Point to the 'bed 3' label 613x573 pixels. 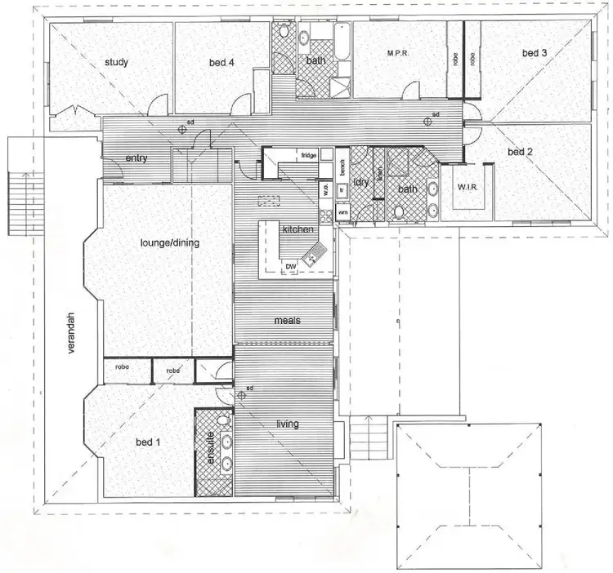(534, 54)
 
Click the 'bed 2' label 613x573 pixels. (521, 152)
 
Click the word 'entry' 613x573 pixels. (136, 158)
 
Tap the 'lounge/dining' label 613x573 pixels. (170, 242)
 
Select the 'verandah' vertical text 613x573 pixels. (72, 335)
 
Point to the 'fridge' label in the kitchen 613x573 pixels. (308, 155)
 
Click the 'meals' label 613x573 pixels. (287, 321)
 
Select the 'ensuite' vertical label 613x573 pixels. (211, 448)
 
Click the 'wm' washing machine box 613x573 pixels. (342, 212)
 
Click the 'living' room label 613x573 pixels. (287, 424)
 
